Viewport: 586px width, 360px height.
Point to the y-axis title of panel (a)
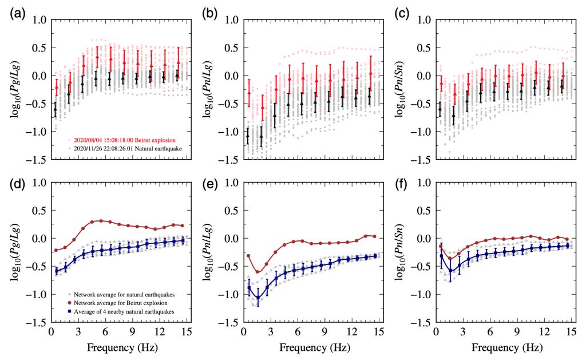(17, 91)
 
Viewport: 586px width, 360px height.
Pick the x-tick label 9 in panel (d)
(132, 333)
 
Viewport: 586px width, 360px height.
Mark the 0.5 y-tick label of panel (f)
(427, 211)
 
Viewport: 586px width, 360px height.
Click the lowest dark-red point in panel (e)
(258, 272)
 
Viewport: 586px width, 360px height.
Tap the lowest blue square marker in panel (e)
(258, 298)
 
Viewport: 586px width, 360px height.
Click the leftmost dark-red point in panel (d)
(56, 250)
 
